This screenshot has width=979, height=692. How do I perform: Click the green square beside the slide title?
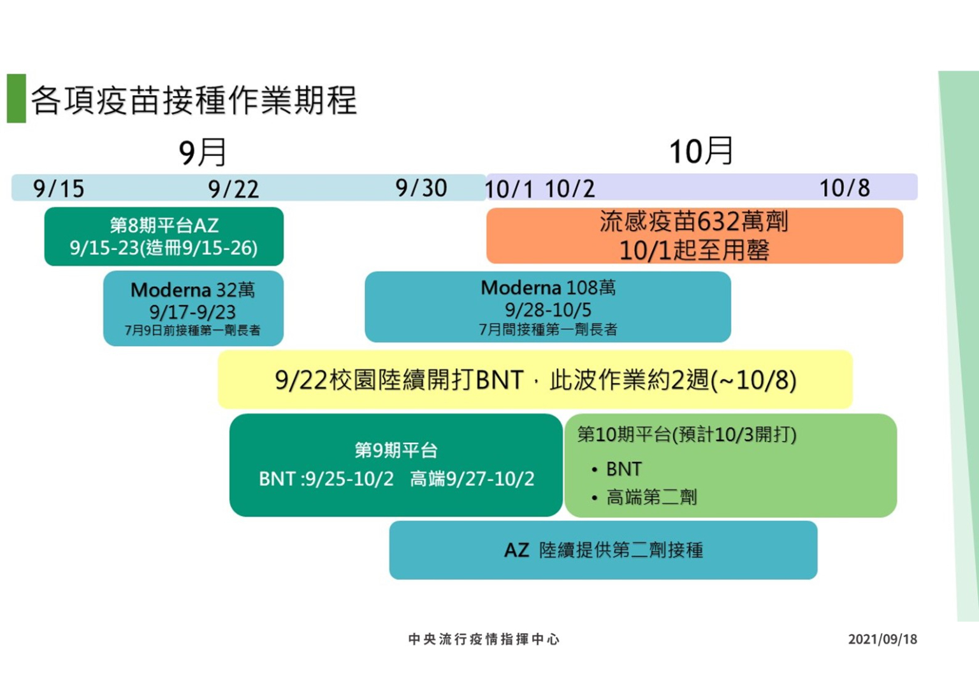(x=17, y=98)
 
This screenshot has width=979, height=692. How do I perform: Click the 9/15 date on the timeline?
(x=59, y=189)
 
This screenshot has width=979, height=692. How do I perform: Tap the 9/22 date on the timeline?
(x=233, y=189)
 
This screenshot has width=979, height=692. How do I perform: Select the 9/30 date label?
(x=421, y=188)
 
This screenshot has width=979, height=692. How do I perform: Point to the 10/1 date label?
(x=508, y=189)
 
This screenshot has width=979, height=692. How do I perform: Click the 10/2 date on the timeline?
(x=570, y=189)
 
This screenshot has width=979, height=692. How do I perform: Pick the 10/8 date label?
(x=845, y=188)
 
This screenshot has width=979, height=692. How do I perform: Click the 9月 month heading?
(x=203, y=152)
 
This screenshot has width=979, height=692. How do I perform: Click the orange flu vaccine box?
(x=694, y=236)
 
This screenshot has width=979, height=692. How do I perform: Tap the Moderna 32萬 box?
(x=193, y=308)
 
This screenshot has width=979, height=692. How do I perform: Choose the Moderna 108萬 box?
(x=548, y=307)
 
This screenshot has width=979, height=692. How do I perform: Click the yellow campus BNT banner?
(x=535, y=380)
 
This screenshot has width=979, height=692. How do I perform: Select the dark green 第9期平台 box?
(x=396, y=465)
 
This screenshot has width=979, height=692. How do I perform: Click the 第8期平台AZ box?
(x=164, y=236)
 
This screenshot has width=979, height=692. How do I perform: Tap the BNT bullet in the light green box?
(x=623, y=470)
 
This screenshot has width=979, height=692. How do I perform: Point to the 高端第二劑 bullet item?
(x=651, y=497)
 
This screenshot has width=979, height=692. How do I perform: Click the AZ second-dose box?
(x=603, y=550)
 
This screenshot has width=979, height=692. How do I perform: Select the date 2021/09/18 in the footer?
(x=882, y=639)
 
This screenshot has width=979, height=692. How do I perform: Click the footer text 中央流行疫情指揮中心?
(x=484, y=639)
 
